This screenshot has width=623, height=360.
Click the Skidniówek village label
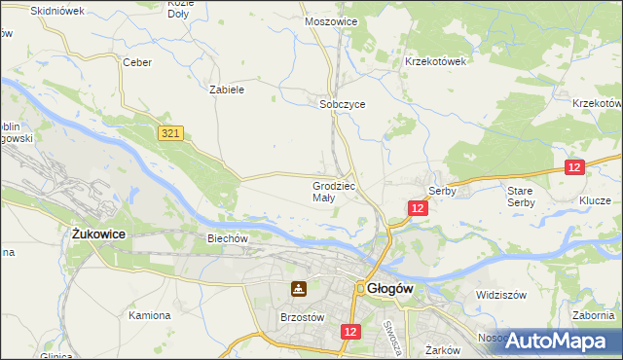[x=58, y=11]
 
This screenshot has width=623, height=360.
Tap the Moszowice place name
[x=331, y=20]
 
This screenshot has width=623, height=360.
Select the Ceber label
[x=136, y=61]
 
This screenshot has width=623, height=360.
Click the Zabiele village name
[x=227, y=89]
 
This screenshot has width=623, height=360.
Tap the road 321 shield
[x=171, y=131]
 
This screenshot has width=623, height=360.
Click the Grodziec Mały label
[x=337, y=191]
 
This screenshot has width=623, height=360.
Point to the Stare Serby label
[x=520, y=197]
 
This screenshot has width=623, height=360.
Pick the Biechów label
[x=230, y=236]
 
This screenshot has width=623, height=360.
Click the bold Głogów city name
[x=392, y=289]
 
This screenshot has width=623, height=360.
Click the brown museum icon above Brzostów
[x=298, y=289]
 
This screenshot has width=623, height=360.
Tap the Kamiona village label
[x=150, y=315]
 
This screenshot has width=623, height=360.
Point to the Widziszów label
[x=501, y=294]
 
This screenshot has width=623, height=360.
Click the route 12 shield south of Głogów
[x=352, y=332]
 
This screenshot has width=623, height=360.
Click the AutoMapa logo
[x=559, y=341]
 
